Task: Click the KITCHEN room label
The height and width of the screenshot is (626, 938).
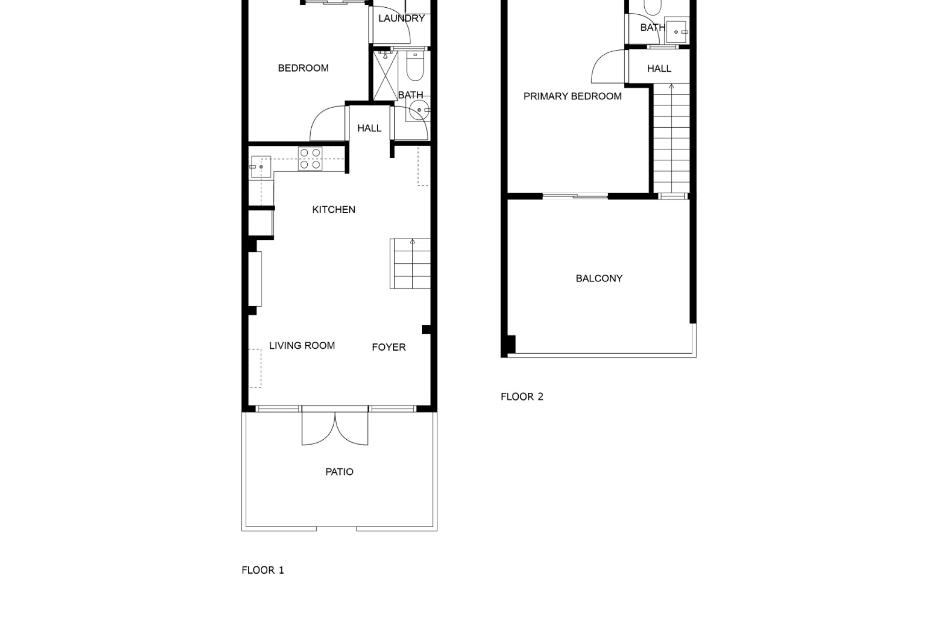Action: coord(334,210)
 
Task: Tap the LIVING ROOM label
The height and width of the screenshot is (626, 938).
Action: coord(302,346)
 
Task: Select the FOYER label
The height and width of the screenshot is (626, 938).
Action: coord(389,347)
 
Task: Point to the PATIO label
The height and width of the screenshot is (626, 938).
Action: coord(340,472)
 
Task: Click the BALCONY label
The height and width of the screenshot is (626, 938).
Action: coord(599,278)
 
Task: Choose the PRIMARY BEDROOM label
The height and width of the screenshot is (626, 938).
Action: coord(573,96)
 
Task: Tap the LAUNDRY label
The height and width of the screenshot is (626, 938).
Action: coord(402,19)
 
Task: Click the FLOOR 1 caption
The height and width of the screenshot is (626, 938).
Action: coord(263,570)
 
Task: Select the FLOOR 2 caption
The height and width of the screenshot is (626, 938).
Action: coord(522,397)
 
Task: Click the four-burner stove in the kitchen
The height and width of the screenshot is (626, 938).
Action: coord(310,159)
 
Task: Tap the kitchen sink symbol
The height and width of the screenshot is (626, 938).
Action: coord(261,167)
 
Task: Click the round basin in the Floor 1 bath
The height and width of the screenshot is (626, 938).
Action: coord(419,110)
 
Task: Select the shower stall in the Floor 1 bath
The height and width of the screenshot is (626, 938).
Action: coord(385,76)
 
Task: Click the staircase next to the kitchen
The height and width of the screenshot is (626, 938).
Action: coord(410,264)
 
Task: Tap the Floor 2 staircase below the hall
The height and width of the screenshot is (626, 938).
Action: coord(671,138)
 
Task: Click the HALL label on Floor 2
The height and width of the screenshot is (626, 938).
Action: coord(659,69)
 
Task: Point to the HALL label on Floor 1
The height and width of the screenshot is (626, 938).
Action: coord(369,129)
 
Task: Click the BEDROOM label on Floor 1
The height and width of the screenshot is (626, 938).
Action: coord(303,68)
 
